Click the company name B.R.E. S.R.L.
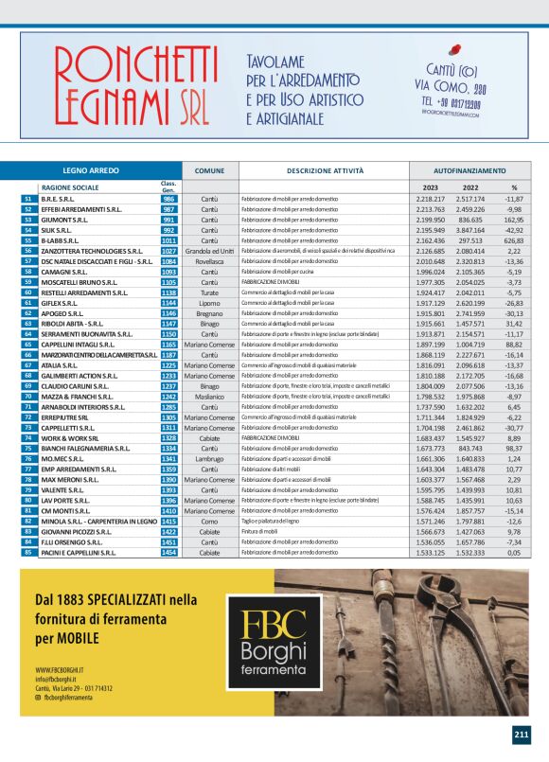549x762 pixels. pos(59,199)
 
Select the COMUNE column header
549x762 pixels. pos(209,170)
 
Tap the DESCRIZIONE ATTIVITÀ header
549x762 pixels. pos(325,170)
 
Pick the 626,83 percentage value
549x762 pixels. pos(514,240)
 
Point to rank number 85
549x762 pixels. pos(28,551)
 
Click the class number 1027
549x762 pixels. pos(169,251)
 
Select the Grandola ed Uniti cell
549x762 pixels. pos(209,251)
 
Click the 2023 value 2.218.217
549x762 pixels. pos(431,199)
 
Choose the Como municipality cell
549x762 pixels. pos(209,520)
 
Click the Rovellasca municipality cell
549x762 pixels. pos(209,261)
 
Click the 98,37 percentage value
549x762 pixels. pos(514,449)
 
